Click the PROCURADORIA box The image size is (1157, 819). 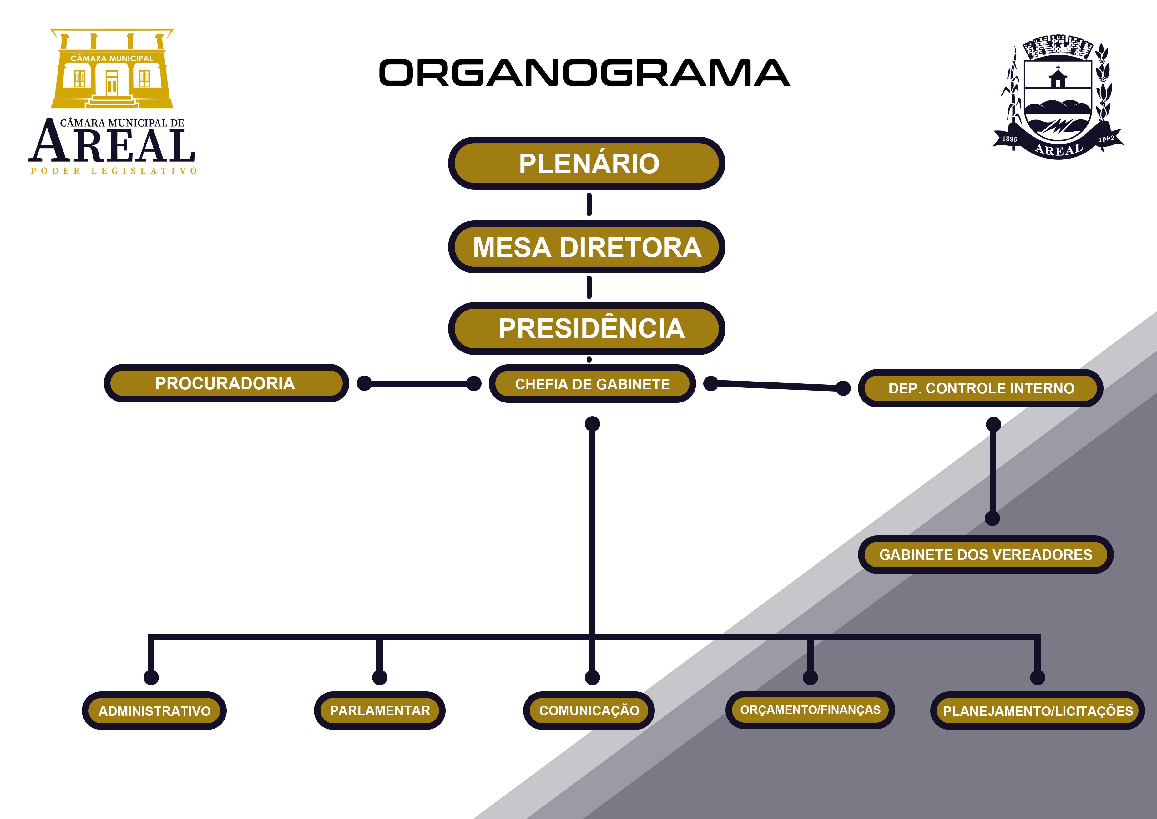(226, 383)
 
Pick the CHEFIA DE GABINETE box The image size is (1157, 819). (592, 384)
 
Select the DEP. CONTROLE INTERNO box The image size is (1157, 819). (981, 388)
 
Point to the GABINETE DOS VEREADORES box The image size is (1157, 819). (986, 555)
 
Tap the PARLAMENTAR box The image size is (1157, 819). (380, 710)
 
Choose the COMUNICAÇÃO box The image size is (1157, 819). (589, 710)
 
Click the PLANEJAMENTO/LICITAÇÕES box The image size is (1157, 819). (1038, 711)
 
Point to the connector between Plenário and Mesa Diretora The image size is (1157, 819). (589, 204)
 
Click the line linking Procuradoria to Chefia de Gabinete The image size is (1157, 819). (418, 384)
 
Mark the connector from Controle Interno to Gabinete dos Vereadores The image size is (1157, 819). (993, 472)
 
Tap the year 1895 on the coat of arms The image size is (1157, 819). (1009, 139)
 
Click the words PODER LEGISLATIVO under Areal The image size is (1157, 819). (114, 171)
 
